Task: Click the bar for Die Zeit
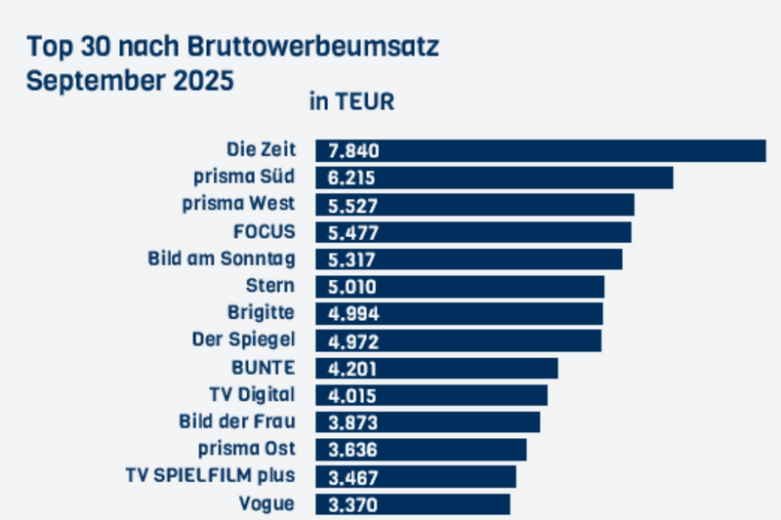point(540,150)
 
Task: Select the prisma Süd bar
point(494,178)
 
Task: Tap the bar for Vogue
point(412,504)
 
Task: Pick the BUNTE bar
point(436,368)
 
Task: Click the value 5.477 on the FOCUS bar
point(353,232)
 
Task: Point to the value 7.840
point(353,150)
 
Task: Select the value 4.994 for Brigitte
point(353,314)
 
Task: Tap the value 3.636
point(353,450)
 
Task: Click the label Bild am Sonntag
point(222,260)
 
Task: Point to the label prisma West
point(239,205)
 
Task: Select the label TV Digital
point(252,395)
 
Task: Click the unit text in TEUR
point(351,101)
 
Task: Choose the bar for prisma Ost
point(421,450)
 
